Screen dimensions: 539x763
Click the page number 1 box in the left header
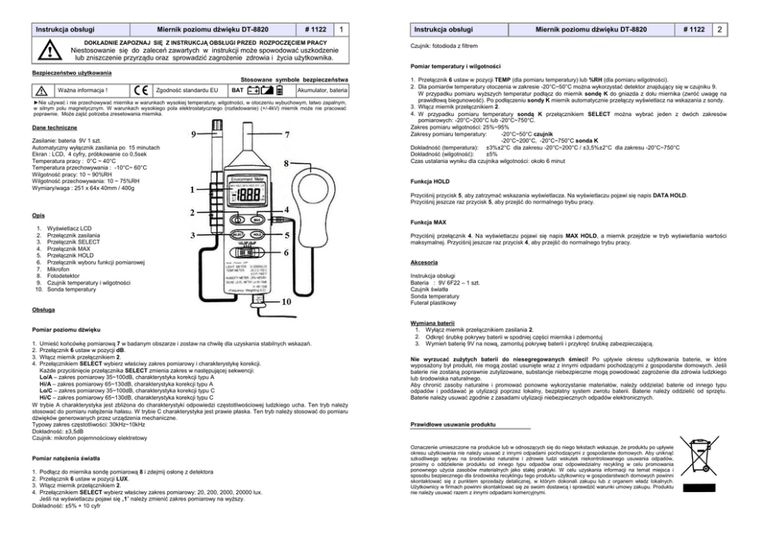click(340, 28)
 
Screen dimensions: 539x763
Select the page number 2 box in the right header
click(718, 28)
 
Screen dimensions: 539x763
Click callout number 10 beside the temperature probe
click(285, 301)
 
